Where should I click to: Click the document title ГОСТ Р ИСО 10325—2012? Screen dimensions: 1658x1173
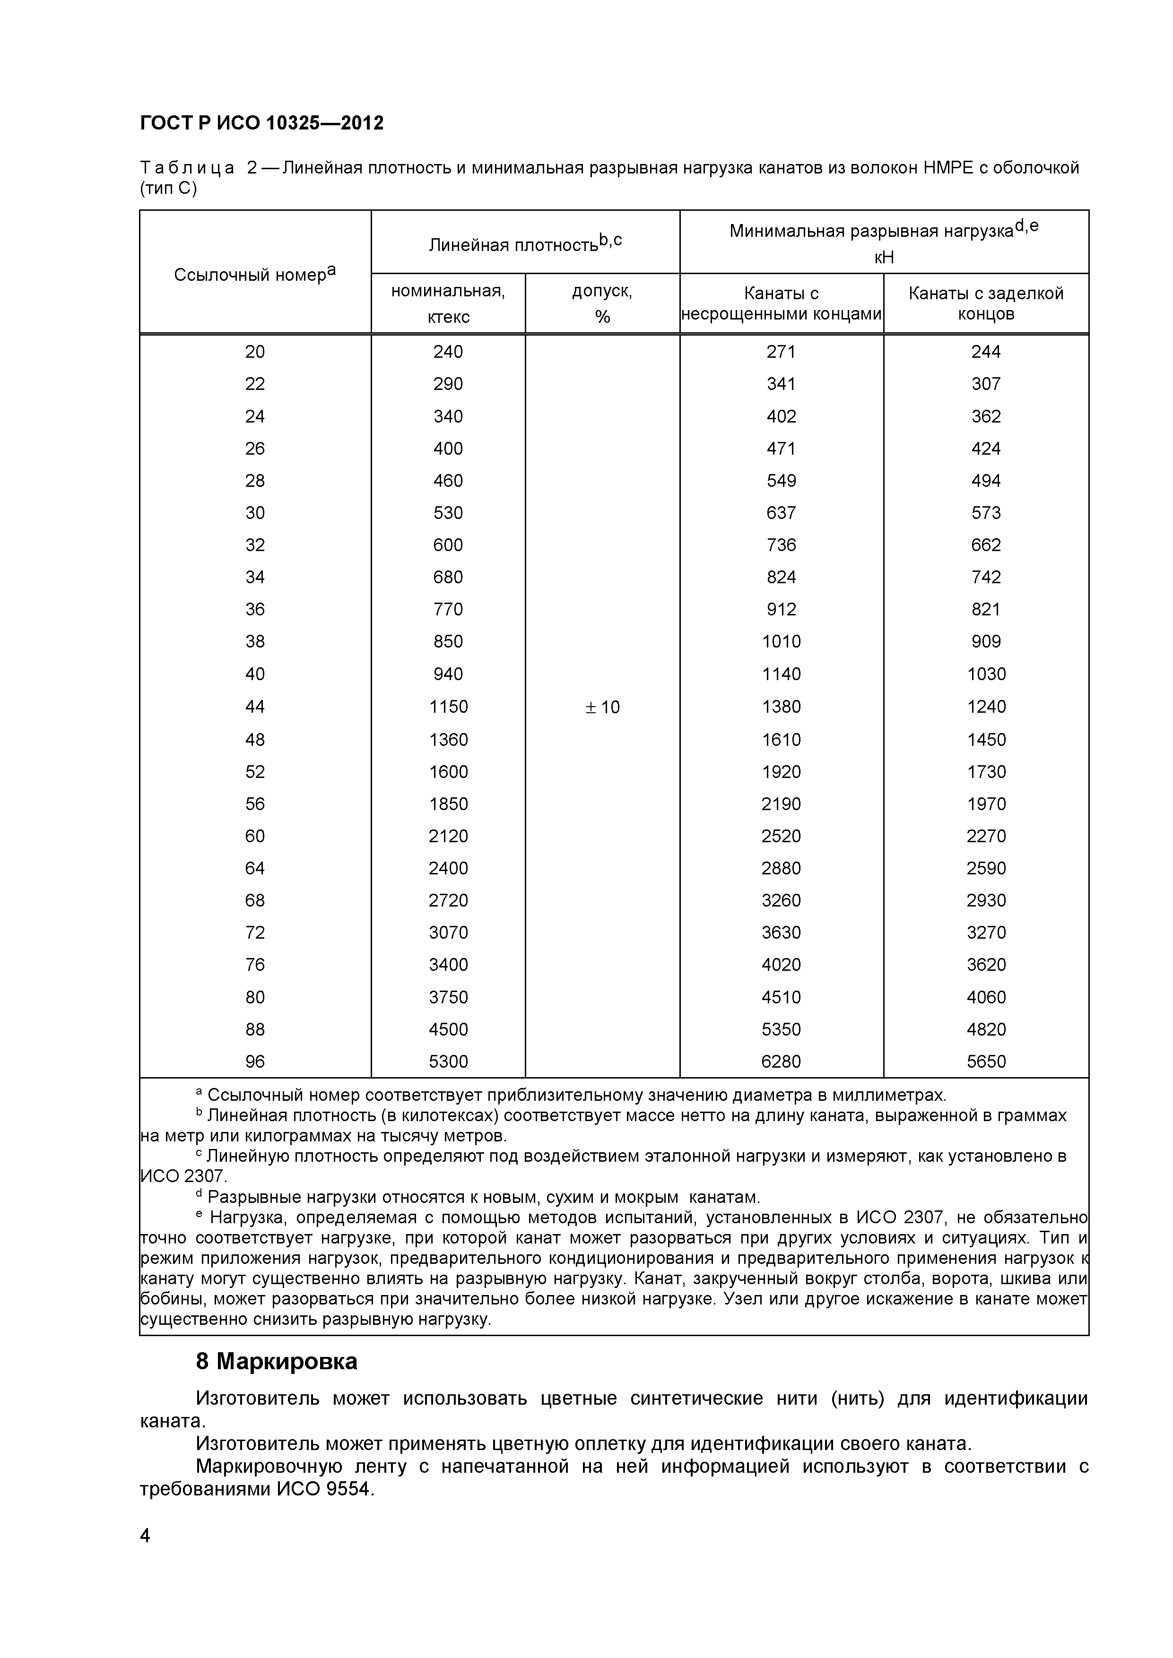point(261,123)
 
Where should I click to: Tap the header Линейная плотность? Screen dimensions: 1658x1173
point(524,244)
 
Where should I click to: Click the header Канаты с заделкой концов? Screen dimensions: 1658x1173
point(985,303)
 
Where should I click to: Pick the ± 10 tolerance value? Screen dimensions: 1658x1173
point(602,707)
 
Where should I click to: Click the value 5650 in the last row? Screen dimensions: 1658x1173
point(985,1062)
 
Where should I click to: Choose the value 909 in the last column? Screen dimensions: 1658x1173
point(985,641)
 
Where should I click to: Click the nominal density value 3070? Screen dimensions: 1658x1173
point(448,932)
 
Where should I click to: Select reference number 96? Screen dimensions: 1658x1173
point(255,1062)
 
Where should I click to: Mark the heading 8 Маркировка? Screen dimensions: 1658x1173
point(277,1361)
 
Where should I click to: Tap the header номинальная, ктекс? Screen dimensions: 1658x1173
point(448,303)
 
